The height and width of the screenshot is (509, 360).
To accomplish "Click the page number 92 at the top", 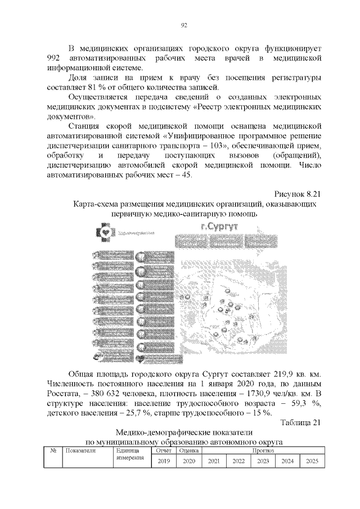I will (x=183, y=25).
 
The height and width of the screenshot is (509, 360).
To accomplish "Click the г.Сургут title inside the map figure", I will (x=219, y=227).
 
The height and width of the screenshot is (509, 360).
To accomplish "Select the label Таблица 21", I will (x=300, y=422).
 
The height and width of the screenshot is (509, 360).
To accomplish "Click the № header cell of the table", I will (x=52, y=451).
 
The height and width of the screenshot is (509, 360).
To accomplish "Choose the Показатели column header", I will (x=81, y=451).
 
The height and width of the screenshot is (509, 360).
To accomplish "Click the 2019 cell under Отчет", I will (x=164, y=461).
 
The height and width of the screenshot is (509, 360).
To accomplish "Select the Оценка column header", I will (x=188, y=451).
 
